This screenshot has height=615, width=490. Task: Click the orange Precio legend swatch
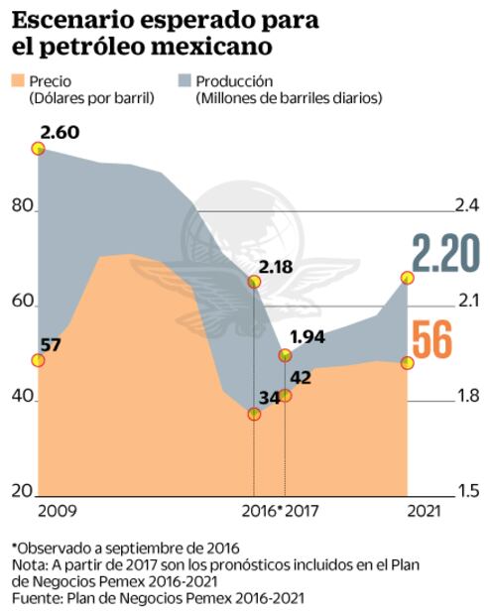(19, 81)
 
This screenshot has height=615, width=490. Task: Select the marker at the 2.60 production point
(39, 149)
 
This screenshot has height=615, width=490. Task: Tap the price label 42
(301, 377)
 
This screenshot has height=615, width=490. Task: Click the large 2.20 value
(446, 254)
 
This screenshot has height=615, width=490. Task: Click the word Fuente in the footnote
(35, 598)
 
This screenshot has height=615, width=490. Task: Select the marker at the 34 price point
(254, 414)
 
